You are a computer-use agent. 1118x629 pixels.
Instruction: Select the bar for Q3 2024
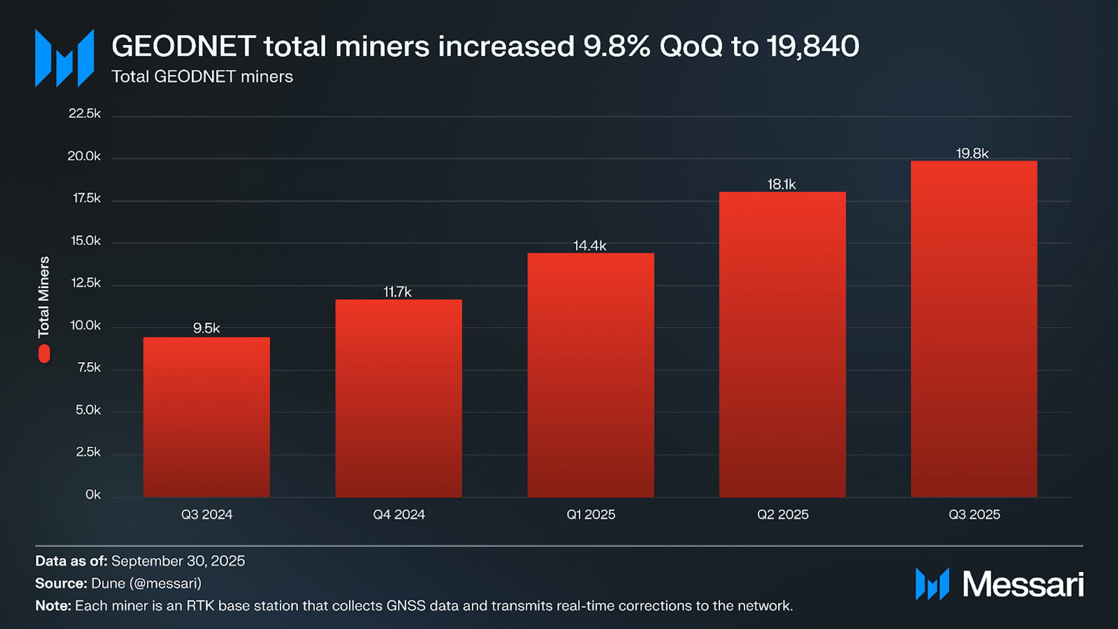click(207, 417)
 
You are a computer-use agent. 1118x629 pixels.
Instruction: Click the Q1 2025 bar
click(591, 375)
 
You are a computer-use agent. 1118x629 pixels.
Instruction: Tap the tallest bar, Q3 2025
click(974, 329)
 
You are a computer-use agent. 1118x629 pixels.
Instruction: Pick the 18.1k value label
click(781, 184)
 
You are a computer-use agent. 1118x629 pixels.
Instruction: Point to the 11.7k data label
click(397, 292)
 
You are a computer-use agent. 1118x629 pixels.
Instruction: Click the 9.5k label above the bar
click(207, 328)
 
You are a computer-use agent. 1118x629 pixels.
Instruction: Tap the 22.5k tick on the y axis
click(85, 114)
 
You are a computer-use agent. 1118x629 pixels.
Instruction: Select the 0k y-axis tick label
click(93, 494)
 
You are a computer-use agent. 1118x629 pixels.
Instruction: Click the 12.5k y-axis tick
click(86, 283)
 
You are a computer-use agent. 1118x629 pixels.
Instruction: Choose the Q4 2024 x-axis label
click(399, 515)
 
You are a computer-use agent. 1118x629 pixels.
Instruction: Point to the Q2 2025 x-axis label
click(782, 515)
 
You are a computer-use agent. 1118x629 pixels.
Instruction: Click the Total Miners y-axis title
click(44, 296)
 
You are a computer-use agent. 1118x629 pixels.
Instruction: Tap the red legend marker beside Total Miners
click(44, 353)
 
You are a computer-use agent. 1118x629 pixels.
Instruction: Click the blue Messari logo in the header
click(65, 58)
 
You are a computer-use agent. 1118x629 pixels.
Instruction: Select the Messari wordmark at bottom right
click(1022, 584)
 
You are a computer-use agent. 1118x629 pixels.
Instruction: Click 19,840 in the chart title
click(813, 46)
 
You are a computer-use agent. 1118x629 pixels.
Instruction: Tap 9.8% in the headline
click(617, 46)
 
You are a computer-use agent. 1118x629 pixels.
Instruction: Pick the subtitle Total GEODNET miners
click(203, 77)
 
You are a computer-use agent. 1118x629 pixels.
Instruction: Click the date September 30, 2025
click(178, 561)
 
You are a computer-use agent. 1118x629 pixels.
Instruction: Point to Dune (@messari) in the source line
click(146, 584)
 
